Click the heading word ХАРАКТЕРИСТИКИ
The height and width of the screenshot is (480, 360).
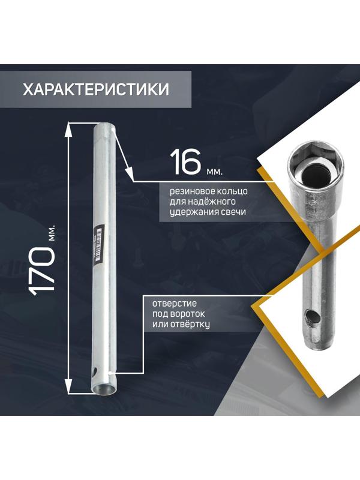pos(96,89)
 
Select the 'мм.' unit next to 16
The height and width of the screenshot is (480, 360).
pos(214,172)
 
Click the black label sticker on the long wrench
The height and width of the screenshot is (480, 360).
pos(98,242)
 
